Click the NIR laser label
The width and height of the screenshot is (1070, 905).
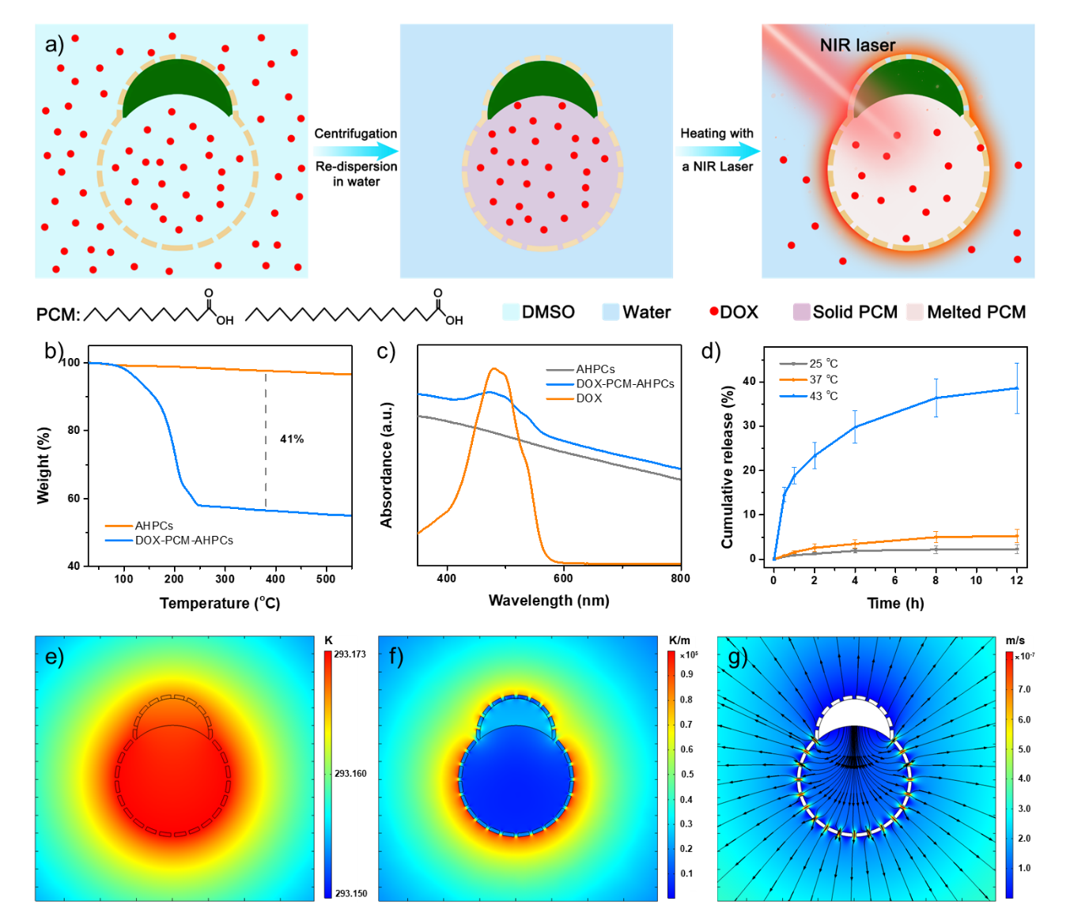(x=857, y=45)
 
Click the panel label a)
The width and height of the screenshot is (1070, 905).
(x=55, y=44)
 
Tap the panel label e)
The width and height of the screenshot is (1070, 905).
(x=55, y=657)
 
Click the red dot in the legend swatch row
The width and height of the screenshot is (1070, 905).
(x=714, y=311)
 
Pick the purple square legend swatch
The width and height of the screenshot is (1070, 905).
(x=802, y=311)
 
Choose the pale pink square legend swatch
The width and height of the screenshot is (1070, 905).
(x=915, y=311)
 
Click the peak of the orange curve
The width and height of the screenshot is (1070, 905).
(x=496, y=368)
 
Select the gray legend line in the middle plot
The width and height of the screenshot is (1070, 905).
(x=560, y=370)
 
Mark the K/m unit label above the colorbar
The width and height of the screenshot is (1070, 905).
(x=680, y=640)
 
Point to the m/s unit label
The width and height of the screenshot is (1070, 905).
(x=1015, y=640)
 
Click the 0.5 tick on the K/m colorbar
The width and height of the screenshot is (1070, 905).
(x=687, y=775)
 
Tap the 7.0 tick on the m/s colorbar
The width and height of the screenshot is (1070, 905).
(x=1023, y=689)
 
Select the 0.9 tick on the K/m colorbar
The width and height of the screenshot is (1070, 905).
(x=687, y=674)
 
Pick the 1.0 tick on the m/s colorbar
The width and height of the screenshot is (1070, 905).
(x=1023, y=868)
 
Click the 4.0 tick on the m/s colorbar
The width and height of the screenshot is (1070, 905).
(x=1023, y=779)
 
